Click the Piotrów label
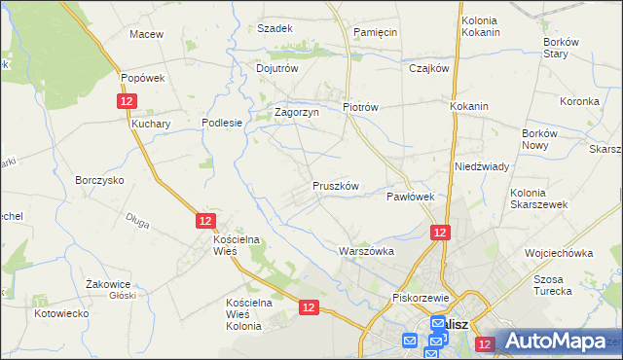(x=360, y=107)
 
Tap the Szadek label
(x=275, y=28)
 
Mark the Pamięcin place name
(x=376, y=32)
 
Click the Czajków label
(x=428, y=68)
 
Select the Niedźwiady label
(x=482, y=166)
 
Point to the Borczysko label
(x=99, y=180)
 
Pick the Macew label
(x=146, y=34)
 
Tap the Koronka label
(x=579, y=101)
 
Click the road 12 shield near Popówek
(x=127, y=101)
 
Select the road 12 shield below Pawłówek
(x=440, y=232)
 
